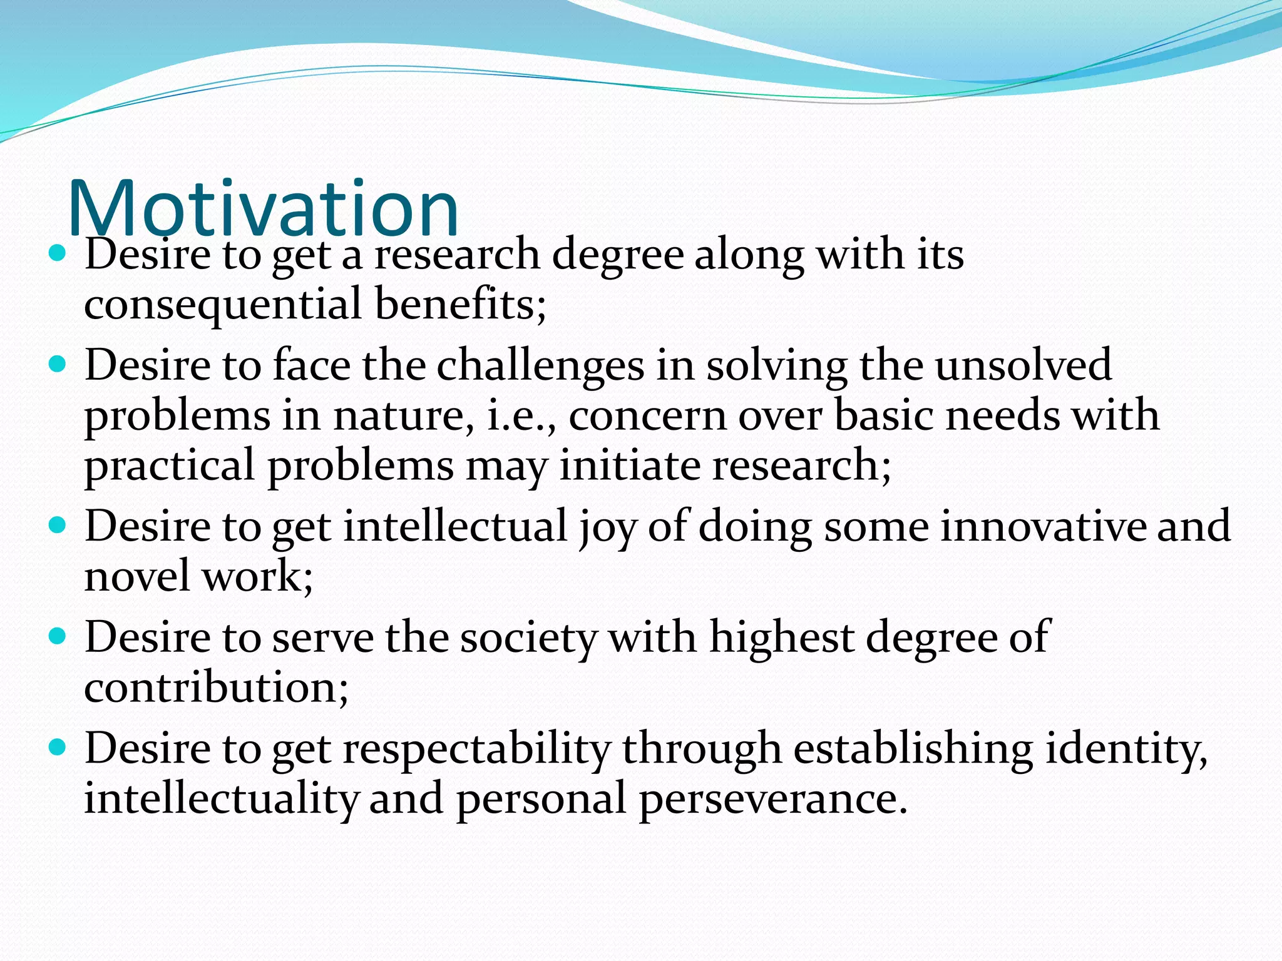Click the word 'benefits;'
pyautogui.click(x=461, y=304)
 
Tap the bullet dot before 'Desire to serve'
pyautogui.click(x=57, y=637)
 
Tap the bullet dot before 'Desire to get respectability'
pyautogui.click(x=57, y=747)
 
